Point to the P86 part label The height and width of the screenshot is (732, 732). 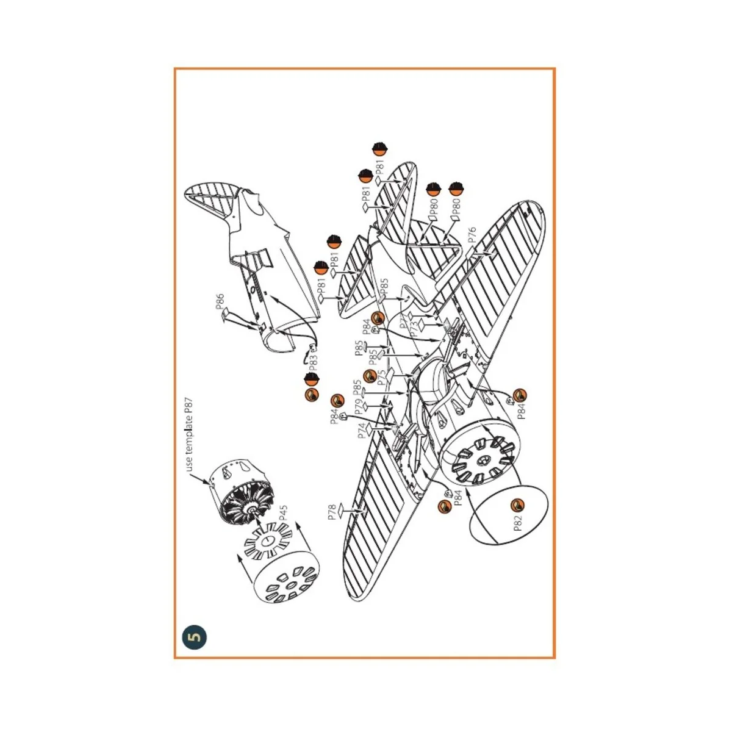[220, 303]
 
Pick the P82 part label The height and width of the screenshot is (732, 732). [518, 522]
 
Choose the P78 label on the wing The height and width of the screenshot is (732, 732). [332, 512]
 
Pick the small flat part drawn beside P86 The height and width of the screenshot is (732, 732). [227, 314]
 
